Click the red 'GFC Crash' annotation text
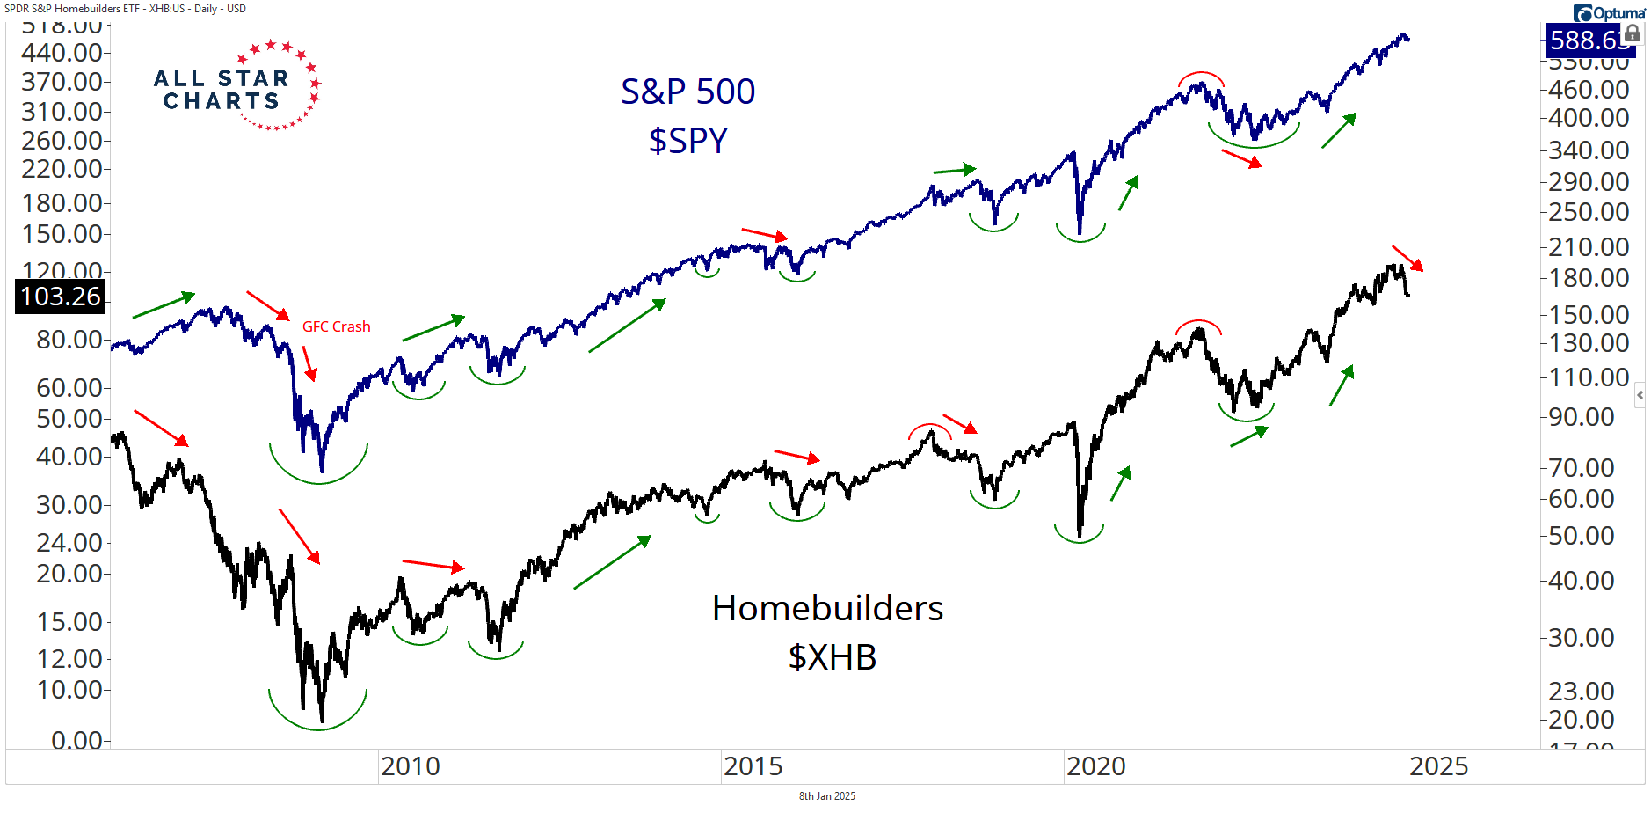336,326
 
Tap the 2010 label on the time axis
410,766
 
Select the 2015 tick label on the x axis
753,766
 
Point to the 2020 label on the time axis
1095,766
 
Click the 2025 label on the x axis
1438,766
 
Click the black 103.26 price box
61,297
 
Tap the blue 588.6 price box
1583,40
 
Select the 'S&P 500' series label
687,92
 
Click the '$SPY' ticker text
687,141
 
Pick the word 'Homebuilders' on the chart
827,608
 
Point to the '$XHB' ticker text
832,657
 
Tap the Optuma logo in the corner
1609,12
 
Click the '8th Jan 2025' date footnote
826,796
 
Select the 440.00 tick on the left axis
62,52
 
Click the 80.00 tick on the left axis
69,339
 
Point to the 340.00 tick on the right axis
1589,150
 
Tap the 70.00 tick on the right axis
1581,467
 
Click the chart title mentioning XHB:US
125,8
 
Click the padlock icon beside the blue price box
1633,34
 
